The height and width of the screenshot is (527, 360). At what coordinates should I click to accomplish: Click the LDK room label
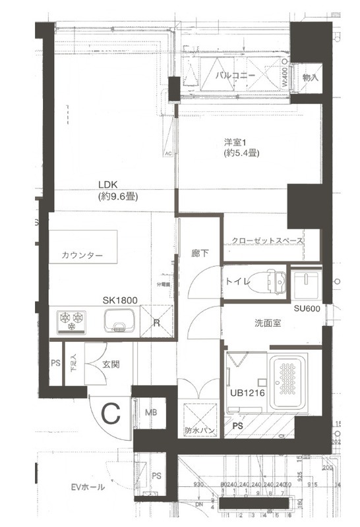point(108,185)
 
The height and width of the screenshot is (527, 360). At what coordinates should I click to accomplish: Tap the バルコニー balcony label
point(235,76)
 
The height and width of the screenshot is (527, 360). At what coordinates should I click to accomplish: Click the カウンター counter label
point(82,256)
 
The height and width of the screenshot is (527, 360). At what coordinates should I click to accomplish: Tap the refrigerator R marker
point(156,323)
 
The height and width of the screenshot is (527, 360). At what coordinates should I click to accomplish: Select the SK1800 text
point(119,300)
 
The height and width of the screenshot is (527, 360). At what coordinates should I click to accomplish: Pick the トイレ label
point(237,282)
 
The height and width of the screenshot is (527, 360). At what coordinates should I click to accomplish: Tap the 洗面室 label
point(269,323)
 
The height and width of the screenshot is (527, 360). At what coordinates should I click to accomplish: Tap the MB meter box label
point(151,412)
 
